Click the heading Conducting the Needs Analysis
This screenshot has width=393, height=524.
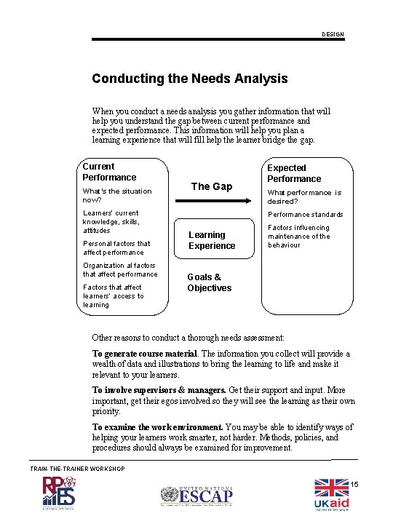189,79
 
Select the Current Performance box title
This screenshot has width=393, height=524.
109,172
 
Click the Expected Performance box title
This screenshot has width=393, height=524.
294,173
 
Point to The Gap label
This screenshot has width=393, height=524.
211,186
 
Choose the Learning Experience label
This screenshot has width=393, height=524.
212,240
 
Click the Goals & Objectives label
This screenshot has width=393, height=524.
209,282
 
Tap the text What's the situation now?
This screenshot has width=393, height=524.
116,195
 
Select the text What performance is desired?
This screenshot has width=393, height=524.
304,196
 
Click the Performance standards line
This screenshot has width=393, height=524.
305,215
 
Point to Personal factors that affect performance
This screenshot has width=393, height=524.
116,248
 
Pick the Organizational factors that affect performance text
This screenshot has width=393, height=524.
120,270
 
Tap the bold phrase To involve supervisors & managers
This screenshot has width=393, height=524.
159,390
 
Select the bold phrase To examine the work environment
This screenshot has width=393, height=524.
157,427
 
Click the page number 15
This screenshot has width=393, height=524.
355,485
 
